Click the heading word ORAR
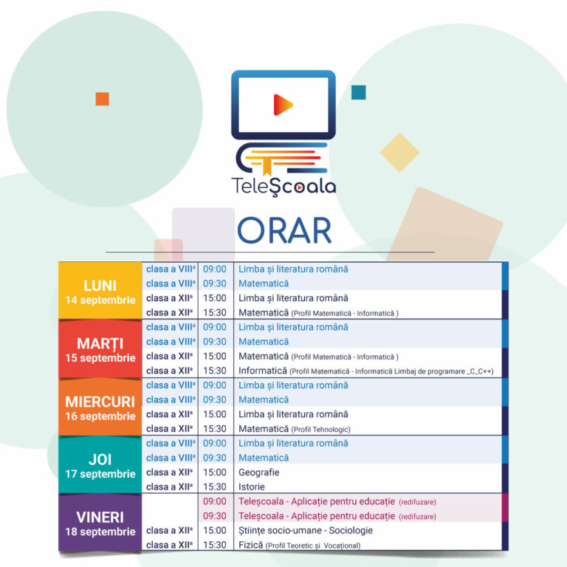click(x=283, y=230)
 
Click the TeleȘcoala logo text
click(x=283, y=187)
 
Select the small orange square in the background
click(x=103, y=99)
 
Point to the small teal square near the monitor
click(x=359, y=92)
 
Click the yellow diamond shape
click(x=399, y=153)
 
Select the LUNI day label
click(x=100, y=286)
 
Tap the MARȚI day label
click(x=100, y=344)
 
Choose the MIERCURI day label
click(x=100, y=402)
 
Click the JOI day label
click(x=100, y=460)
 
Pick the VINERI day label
click(x=100, y=518)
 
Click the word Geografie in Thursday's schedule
click(x=259, y=472)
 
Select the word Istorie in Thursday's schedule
click(x=252, y=487)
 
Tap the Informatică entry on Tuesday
click(x=263, y=371)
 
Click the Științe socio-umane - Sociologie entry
click(x=306, y=531)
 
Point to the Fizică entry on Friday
click(x=250, y=545)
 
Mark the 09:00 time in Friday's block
click(x=215, y=501)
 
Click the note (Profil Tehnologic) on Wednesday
click(x=320, y=430)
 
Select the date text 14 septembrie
click(x=100, y=300)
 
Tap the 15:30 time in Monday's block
click(x=215, y=313)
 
